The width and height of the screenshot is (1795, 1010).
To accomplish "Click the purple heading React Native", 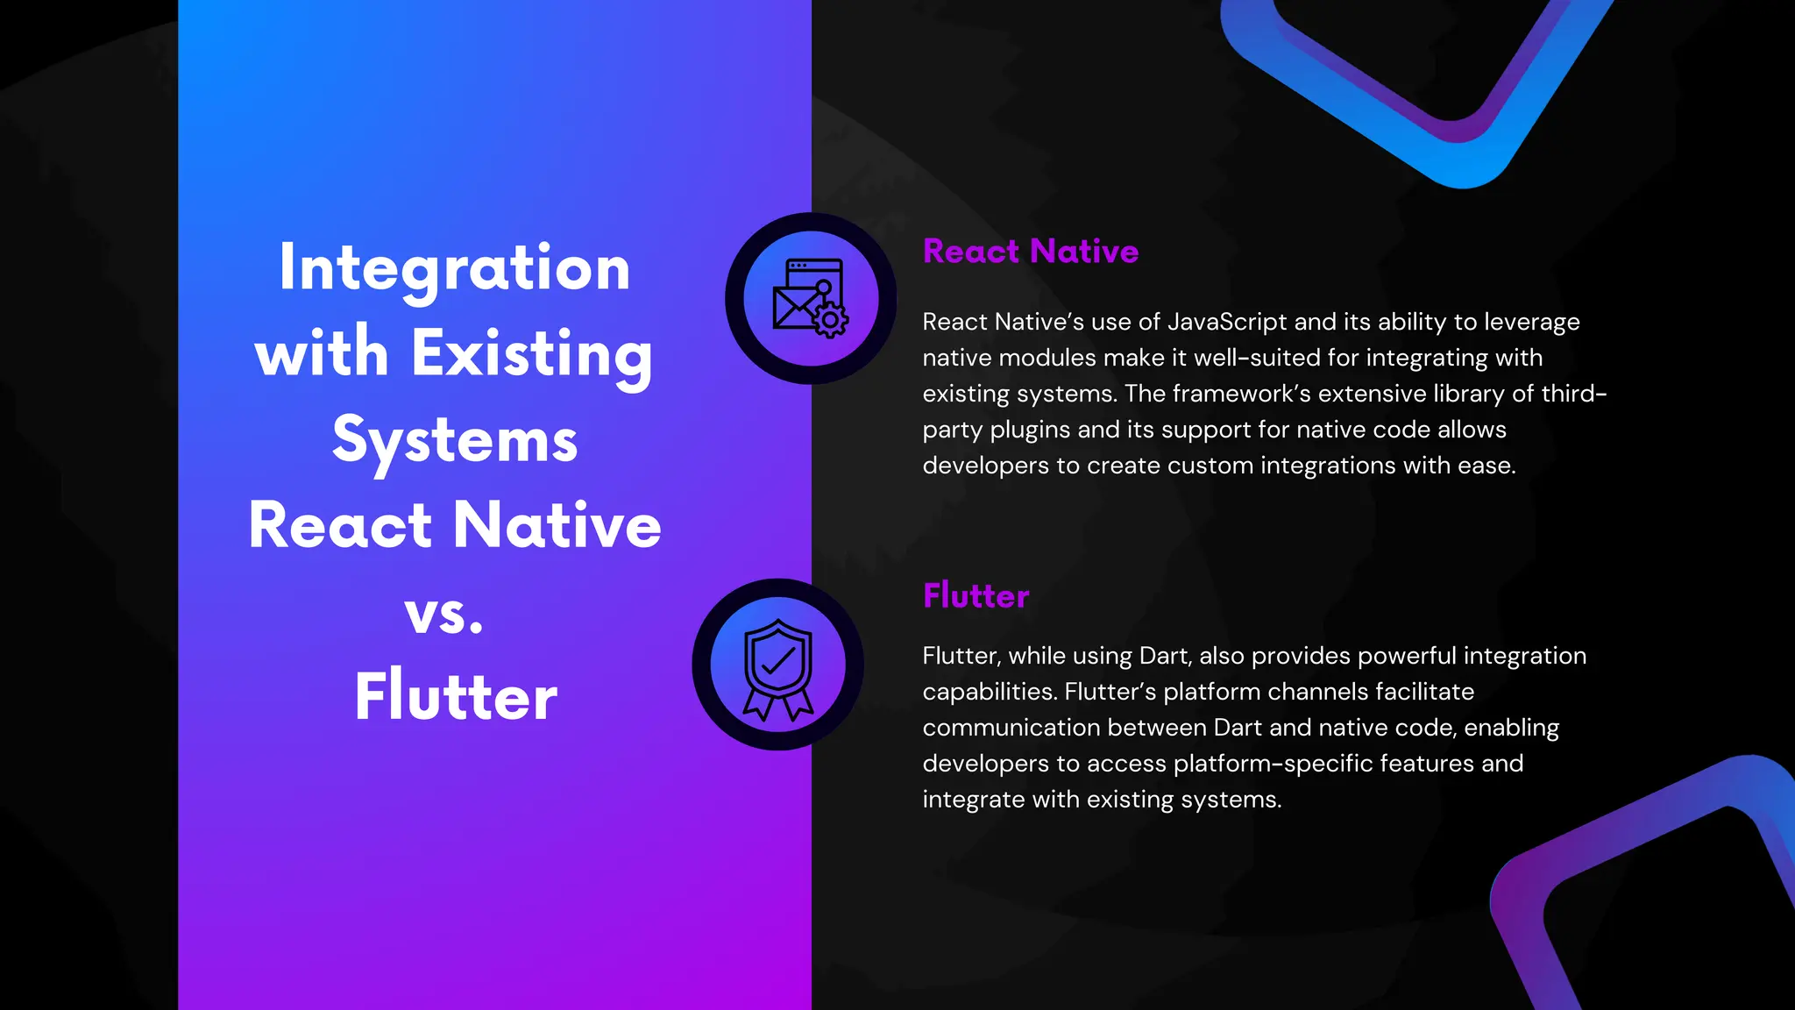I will [x=1030, y=252].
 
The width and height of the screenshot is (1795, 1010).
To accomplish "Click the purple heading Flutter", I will [x=976, y=596].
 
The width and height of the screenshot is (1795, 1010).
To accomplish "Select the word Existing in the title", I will [x=532, y=353].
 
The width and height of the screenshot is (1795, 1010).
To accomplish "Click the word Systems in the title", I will [x=454, y=440].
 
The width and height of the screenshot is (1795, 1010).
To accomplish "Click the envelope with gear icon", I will [x=810, y=298].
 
